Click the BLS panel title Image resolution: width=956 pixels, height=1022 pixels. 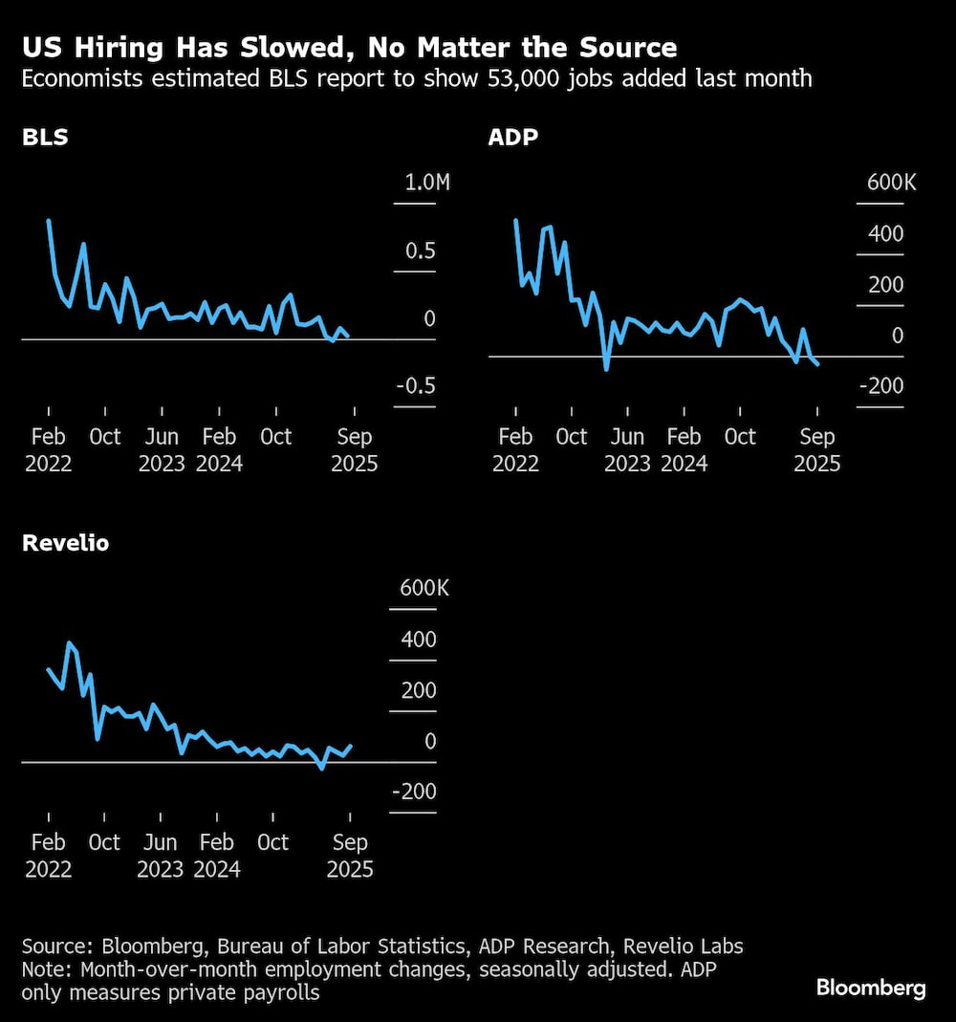tap(45, 137)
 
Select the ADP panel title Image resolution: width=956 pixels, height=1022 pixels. tap(513, 137)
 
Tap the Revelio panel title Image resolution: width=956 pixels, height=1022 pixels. tap(65, 543)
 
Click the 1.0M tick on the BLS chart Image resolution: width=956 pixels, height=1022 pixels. tap(426, 183)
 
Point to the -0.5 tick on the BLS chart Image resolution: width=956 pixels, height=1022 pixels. tap(416, 385)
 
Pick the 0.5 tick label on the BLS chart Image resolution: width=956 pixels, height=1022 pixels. tap(420, 250)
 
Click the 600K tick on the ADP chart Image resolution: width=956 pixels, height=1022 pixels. tap(891, 183)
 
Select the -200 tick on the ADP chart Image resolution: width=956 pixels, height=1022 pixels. tap(882, 385)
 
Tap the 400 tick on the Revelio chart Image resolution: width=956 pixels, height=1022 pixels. tap(418, 640)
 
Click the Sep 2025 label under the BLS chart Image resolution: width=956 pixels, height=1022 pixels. tap(354, 450)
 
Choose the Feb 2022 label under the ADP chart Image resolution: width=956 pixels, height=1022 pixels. tap(515, 450)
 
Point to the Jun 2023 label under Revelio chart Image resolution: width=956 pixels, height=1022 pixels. tap(161, 856)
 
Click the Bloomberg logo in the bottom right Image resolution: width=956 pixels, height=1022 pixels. tap(871, 988)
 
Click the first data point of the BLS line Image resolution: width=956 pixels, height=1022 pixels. tap(48, 221)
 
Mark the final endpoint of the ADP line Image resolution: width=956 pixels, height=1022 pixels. tap(817, 364)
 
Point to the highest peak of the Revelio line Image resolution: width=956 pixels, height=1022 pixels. tap(69, 642)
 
